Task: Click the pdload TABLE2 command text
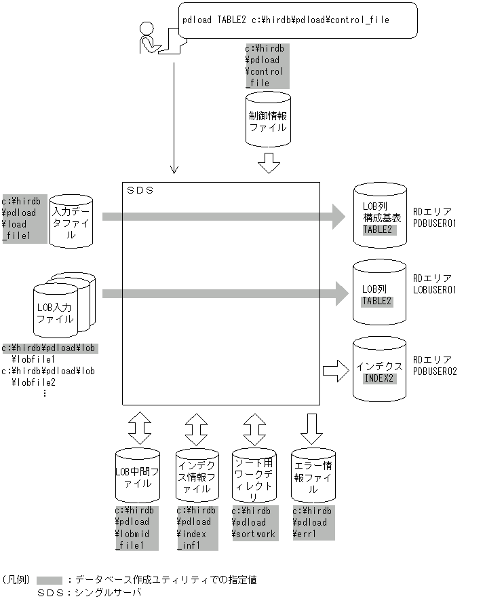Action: tap(286, 20)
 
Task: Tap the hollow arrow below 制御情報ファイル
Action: tap(269, 164)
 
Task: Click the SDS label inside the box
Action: tap(140, 191)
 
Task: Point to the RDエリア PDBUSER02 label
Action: tap(439, 365)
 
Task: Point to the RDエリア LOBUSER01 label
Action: tap(439, 285)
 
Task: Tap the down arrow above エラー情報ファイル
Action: tap(313, 429)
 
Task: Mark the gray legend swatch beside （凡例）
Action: tap(50, 580)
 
